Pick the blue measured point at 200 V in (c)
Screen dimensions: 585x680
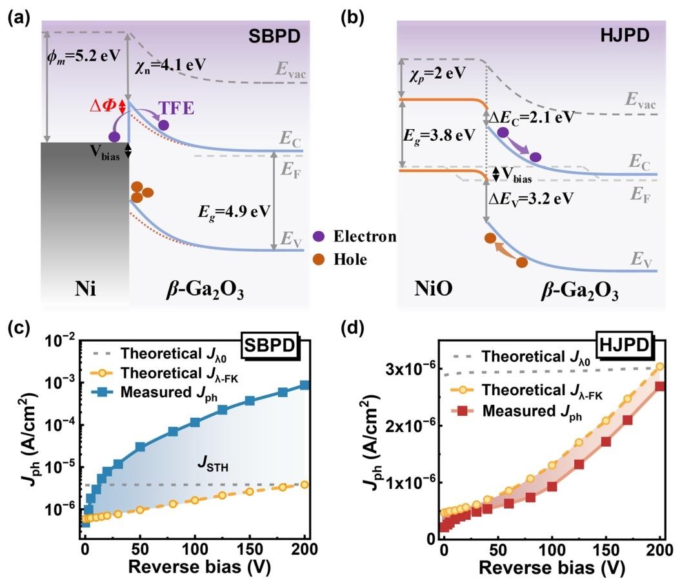pyautogui.click(x=305, y=385)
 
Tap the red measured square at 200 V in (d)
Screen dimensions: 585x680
pyautogui.click(x=659, y=386)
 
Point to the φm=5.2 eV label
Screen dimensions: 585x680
pyautogui.click(x=84, y=54)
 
